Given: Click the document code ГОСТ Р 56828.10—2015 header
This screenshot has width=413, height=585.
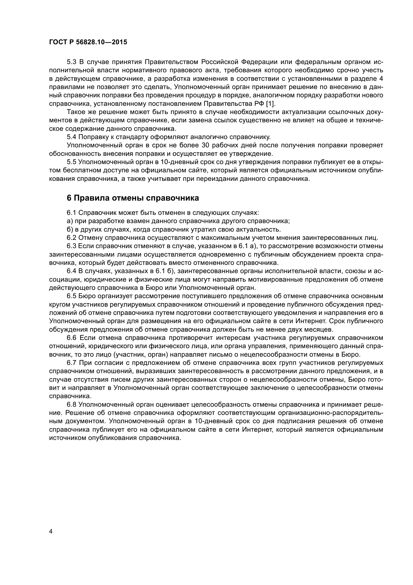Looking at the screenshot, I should point(88,42).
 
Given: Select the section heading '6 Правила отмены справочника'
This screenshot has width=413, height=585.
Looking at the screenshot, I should point(133,198).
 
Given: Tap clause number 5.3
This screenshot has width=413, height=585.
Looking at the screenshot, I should point(71,62).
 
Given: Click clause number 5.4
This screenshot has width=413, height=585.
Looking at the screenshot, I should point(71,137).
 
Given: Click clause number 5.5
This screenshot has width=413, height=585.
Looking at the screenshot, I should point(71,162).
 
